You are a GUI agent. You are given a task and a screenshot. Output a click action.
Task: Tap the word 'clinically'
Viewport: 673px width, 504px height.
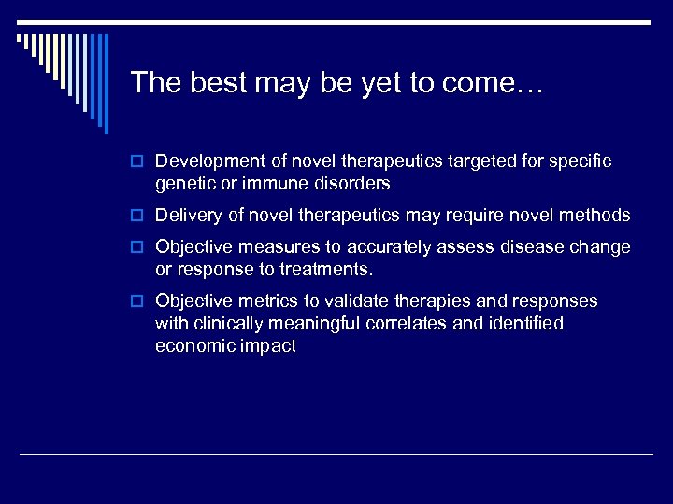point(229,324)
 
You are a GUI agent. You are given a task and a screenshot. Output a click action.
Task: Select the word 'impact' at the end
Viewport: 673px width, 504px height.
point(267,346)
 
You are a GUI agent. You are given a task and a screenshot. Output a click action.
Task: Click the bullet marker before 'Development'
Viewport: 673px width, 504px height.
point(138,162)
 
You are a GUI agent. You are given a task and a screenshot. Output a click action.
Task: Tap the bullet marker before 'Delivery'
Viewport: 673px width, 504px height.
point(138,217)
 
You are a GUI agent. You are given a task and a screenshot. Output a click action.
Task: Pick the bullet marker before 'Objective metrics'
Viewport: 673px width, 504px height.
point(138,302)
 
